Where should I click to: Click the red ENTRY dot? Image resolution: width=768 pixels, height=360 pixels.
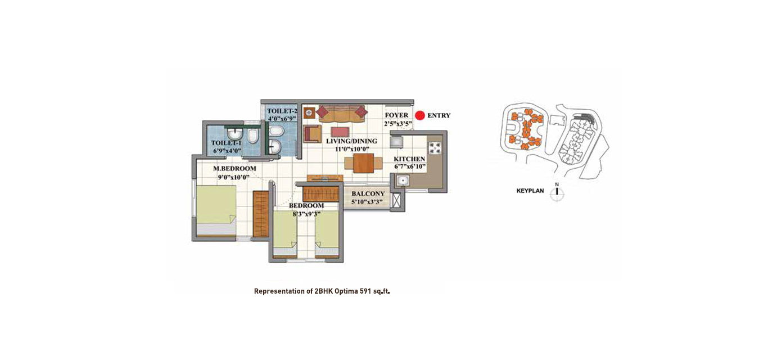(420, 115)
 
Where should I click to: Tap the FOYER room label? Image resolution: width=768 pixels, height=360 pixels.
(397, 115)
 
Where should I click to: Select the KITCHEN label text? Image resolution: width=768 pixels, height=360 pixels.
(409, 159)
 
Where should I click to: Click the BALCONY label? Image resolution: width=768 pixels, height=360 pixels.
(368, 193)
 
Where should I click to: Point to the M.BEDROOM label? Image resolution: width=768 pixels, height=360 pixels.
(234, 169)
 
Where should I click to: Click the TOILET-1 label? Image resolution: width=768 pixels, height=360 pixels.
(226, 143)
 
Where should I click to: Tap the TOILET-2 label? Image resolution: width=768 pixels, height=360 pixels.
(282, 111)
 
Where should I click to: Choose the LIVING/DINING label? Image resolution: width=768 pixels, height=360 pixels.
(351, 141)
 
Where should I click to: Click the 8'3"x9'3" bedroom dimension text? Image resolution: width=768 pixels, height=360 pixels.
(306, 214)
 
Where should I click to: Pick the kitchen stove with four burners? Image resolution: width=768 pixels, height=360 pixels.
(435, 148)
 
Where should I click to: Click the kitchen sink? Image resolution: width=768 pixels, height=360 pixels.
(402, 180)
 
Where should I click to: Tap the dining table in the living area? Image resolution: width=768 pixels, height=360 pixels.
(363, 163)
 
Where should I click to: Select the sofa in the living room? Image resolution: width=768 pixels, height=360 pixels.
(341, 114)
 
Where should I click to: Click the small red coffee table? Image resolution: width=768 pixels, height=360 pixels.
(340, 132)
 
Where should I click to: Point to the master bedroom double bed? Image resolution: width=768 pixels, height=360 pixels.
(216, 210)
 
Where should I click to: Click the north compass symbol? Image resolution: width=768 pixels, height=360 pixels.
(557, 192)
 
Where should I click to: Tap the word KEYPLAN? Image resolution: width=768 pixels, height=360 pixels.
(530, 191)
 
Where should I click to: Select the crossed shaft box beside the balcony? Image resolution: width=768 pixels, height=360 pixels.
(396, 200)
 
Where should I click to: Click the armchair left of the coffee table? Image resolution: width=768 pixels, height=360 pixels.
(313, 134)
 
